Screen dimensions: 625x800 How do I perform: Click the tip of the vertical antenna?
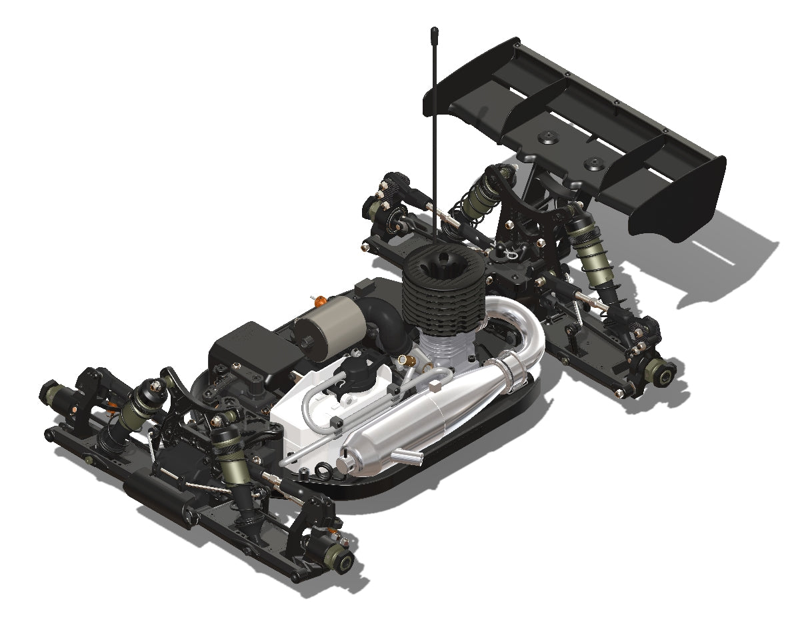pos(434,31)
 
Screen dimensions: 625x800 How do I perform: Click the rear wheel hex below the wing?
pos(664,374)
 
